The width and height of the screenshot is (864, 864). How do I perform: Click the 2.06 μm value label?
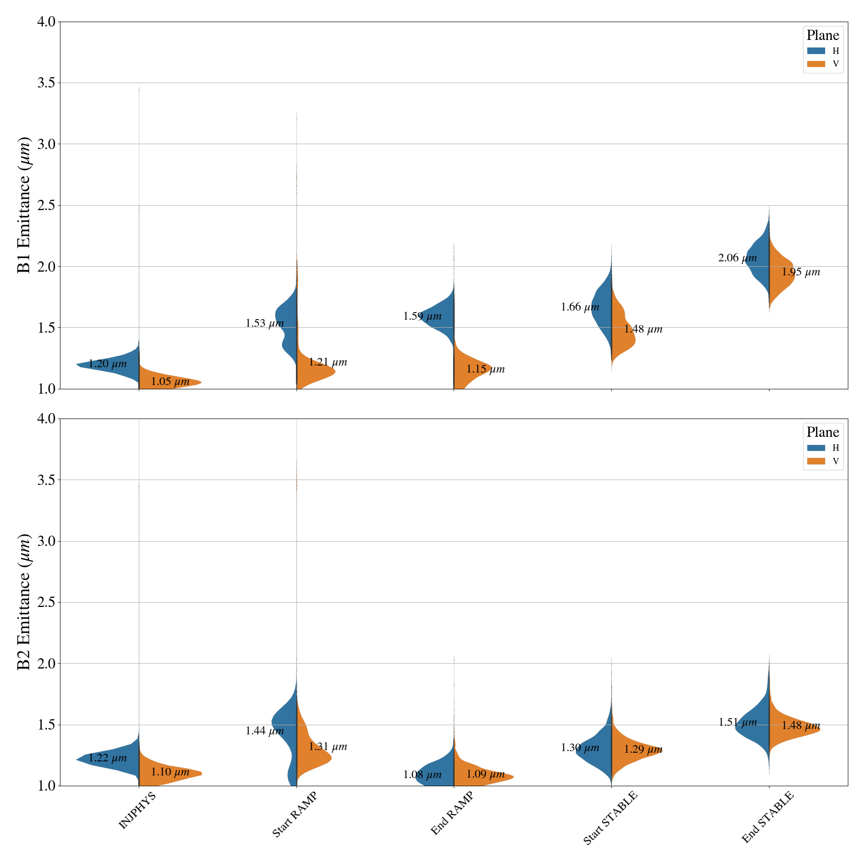tap(737, 258)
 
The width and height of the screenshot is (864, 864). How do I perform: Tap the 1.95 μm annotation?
tap(801, 272)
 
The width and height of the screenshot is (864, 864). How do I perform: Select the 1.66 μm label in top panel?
tap(579, 307)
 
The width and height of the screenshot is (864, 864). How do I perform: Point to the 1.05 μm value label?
tap(170, 382)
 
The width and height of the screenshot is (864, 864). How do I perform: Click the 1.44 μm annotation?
tap(265, 731)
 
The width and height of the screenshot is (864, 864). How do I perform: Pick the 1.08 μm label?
tap(422, 775)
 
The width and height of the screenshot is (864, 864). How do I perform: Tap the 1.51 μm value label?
tap(737, 723)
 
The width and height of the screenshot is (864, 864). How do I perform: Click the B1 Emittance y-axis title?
tap(24, 205)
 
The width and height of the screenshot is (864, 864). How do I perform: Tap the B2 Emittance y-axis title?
tap(24, 602)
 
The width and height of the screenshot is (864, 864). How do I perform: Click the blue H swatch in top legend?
tap(816, 51)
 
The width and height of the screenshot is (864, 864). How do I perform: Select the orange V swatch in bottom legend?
tap(816, 461)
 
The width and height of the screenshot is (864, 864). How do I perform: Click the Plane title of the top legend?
tap(822, 36)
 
